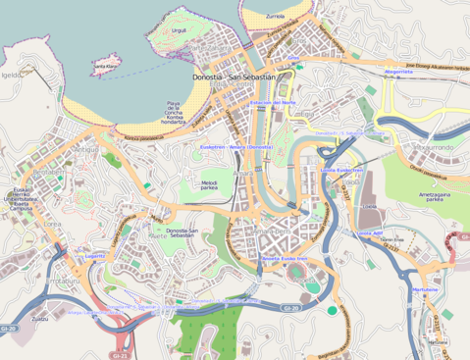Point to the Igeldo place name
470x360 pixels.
[11, 74]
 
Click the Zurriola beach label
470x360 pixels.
[275, 17]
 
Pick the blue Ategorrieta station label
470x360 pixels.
[398, 72]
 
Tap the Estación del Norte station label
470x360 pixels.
[273, 102]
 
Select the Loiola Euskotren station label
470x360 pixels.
[341, 169]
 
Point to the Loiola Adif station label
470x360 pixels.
[370, 232]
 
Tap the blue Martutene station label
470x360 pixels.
[425, 290]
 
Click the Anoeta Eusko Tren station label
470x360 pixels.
[285, 259]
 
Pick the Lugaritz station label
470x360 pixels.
[95, 254]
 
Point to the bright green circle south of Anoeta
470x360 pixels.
[332, 311]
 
